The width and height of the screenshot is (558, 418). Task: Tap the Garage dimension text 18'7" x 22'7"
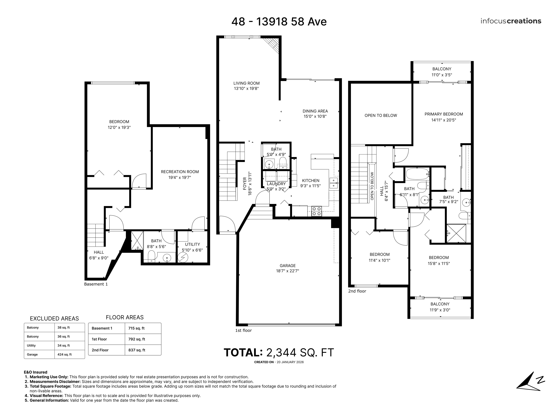[x=287, y=271]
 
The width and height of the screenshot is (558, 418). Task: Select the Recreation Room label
[x=180, y=172]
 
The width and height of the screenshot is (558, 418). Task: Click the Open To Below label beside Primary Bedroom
[x=381, y=115]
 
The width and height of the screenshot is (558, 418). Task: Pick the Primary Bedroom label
[x=444, y=114]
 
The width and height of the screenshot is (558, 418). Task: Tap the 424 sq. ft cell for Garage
[x=65, y=354]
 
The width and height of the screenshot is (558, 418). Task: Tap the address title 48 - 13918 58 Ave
[x=279, y=22]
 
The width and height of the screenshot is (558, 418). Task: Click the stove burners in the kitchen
[x=317, y=211]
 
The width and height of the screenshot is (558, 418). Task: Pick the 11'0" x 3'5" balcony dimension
[x=442, y=75]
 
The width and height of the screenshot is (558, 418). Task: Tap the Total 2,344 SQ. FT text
[x=279, y=352]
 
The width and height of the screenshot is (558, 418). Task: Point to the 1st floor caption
[x=243, y=330]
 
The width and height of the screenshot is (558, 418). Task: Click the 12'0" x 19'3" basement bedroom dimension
[x=119, y=128]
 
